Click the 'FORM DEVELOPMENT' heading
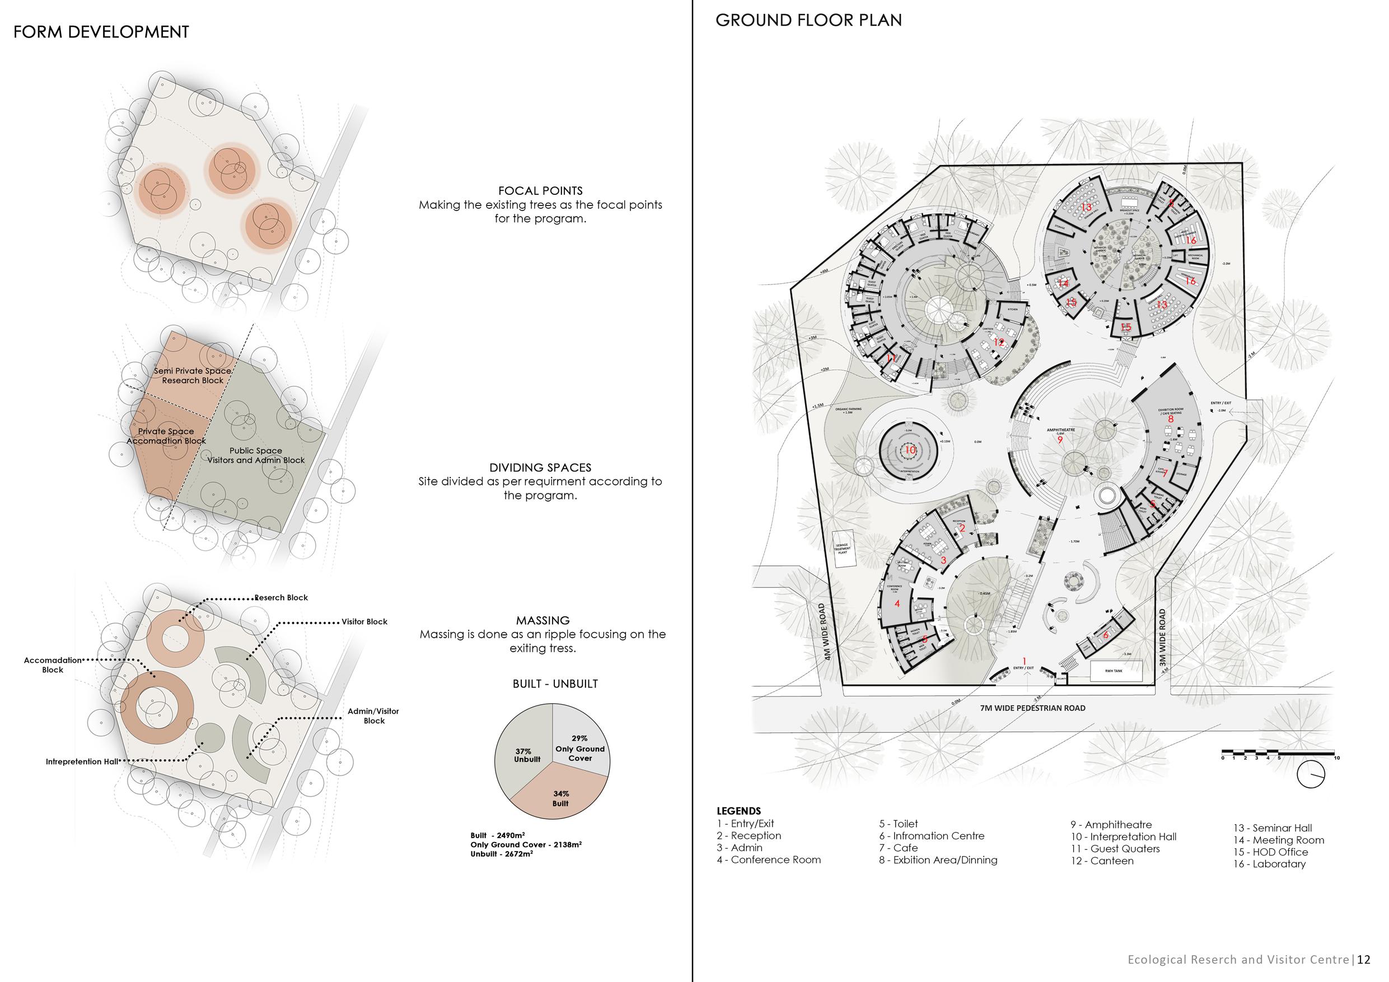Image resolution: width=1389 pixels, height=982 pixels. pos(101,32)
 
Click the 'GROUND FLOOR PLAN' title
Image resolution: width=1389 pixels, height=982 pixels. pos(808,21)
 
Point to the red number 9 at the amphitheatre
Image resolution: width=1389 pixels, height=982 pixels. pos(1060,441)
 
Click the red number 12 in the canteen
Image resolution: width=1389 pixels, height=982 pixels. pos(998,343)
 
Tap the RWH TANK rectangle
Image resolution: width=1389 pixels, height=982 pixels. pos(1117,670)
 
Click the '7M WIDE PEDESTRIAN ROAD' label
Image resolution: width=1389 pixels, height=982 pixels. pos(1033,707)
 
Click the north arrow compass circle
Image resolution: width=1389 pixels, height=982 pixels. pos(1311,774)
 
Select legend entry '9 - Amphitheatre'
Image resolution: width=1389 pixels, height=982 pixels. pos(1110,825)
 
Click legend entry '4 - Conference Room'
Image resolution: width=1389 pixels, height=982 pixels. pos(768,860)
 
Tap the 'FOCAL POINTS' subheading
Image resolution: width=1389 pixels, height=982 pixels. pos(540,190)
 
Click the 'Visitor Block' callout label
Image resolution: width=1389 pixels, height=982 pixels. pos(364,621)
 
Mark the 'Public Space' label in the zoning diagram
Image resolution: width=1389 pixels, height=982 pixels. pos(256,450)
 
